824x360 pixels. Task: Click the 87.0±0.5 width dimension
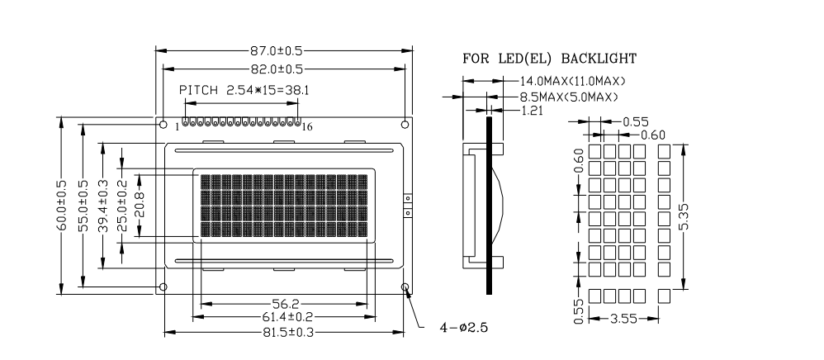pyautogui.click(x=276, y=51)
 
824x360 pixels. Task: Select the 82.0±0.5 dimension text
pyautogui.click(x=277, y=69)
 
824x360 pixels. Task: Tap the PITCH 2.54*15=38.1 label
pyautogui.click(x=244, y=90)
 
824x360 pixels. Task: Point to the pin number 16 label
pyautogui.click(x=307, y=126)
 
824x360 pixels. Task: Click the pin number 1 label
pyautogui.click(x=177, y=126)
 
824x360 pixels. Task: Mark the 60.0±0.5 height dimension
pyautogui.click(x=62, y=206)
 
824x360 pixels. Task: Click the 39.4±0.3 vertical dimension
pyautogui.click(x=103, y=206)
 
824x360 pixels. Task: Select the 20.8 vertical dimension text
pyautogui.click(x=140, y=206)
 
